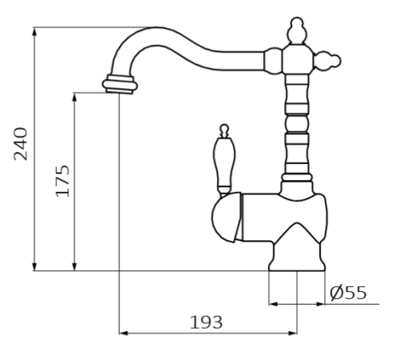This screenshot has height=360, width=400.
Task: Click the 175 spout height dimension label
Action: tap(62, 181)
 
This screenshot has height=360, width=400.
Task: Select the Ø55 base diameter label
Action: tap(348, 293)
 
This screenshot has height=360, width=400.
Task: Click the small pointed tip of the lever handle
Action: tap(223, 128)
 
